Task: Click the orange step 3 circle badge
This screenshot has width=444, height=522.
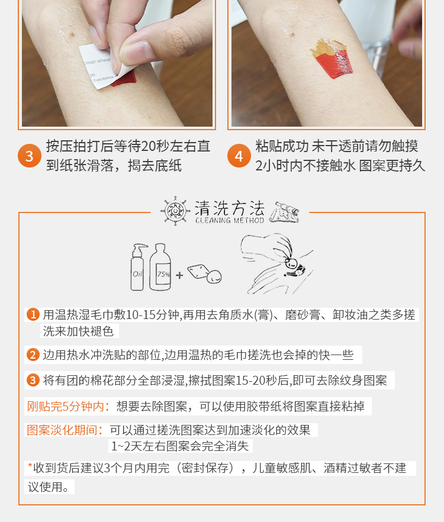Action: coord(30,156)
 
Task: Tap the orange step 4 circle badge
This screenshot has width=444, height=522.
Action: coord(239,156)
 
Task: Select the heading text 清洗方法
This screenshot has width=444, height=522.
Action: coord(230,208)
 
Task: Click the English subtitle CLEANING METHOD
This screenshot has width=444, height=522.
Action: coord(230,220)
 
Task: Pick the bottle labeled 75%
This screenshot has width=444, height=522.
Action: coord(160,267)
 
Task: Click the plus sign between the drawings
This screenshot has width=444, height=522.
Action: coord(179,275)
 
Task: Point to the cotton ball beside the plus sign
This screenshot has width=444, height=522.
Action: coord(214,276)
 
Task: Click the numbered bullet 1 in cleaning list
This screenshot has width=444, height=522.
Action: coord(33,314)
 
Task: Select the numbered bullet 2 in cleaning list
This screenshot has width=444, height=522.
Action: coord(33,355)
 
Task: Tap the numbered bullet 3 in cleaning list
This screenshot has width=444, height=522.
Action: coord(33,380)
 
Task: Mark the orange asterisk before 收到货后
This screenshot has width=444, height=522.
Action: coord(30,466)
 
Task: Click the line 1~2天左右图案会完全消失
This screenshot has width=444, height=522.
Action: coord(180,446)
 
